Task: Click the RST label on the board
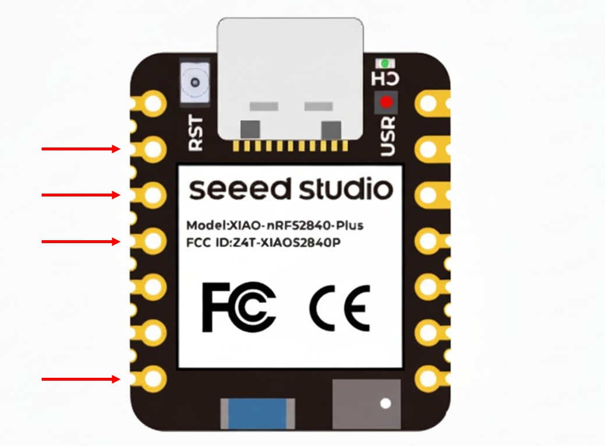pos(197,134)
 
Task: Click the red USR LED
pos(386,103)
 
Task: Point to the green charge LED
pos(384,62)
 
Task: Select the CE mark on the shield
pos(339,307)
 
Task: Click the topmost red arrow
pos(81,149)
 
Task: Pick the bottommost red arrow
pos(81,380)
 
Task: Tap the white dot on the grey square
pos(384,403)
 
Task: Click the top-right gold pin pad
pos(430,104)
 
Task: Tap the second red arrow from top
pos(81,195)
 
